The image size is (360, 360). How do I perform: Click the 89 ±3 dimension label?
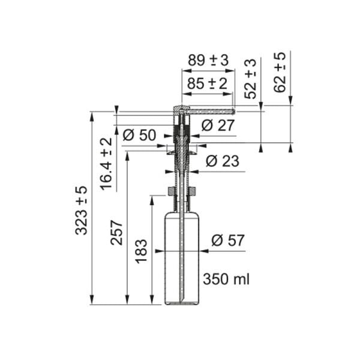point(208,61)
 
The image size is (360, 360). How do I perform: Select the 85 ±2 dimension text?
point(208,83)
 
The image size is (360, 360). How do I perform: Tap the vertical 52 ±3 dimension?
point(251,79)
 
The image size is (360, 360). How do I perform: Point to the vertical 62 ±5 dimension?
point(280,72)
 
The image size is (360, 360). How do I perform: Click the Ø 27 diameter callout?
point(217,125)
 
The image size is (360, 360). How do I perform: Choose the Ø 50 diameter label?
point(139,135)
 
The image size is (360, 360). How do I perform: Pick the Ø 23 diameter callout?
point(221,161)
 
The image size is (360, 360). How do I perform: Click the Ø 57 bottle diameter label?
point(228,241)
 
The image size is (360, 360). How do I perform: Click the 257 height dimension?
point(117,232)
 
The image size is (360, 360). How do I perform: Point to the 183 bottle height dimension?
point(142,252)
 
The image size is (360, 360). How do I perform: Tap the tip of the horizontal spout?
point(232,110)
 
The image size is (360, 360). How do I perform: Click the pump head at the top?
point(181,111)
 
